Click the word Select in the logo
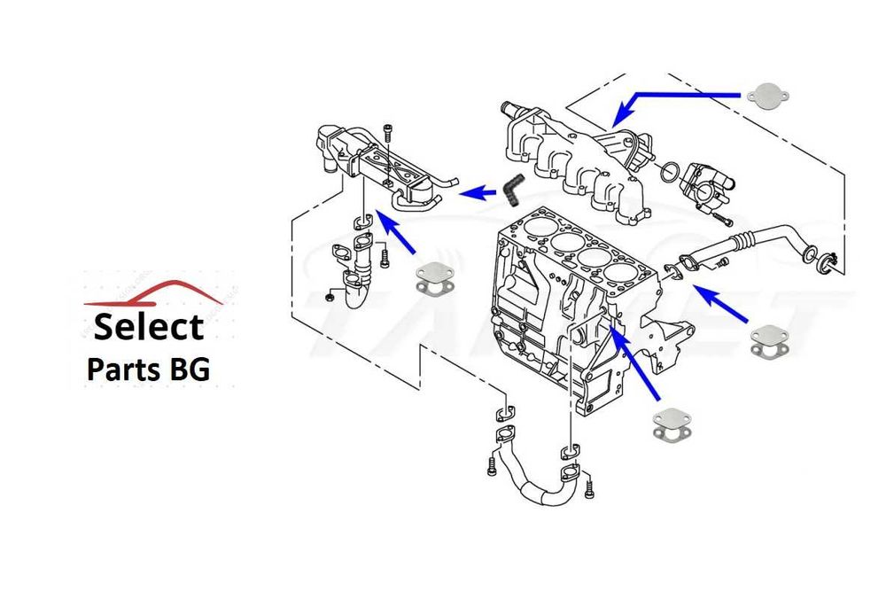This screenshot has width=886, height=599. point(148,326)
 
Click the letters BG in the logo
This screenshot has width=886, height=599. point(190,368)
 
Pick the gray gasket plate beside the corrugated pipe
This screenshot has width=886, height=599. point(770,339)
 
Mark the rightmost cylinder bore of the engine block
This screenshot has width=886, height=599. point(621,269)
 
